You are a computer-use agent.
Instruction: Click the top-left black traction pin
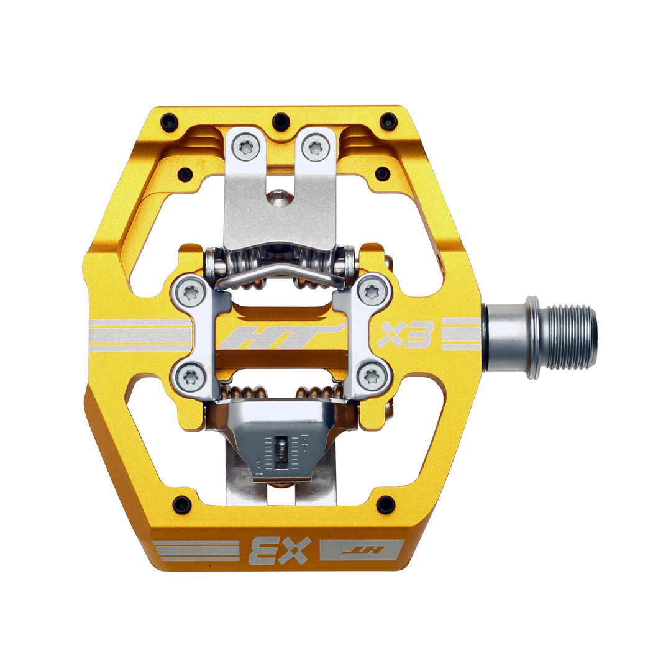pos(169,122)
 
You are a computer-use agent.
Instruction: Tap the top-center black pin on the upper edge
pos(281,121)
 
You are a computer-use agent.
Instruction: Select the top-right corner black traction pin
pos(388,121)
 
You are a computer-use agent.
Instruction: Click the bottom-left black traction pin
pos(181,504)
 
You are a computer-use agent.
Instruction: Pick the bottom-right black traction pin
pos(385,504)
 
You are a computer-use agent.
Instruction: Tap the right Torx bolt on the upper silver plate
pos(316,147)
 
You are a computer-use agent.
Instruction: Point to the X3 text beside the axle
pos(405,334)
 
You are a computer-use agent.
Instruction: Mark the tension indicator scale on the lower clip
pos(283,457)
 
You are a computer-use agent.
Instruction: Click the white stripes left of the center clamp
pos(140,335)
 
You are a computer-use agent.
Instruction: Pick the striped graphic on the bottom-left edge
pos(196,550)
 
